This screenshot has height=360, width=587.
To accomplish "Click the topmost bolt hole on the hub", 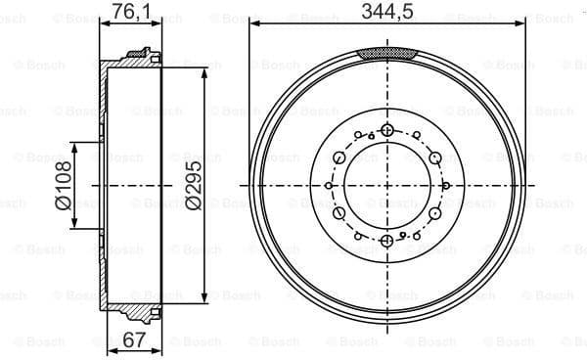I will click(386, 130).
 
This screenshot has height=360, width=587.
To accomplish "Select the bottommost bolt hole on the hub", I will click(386, 241).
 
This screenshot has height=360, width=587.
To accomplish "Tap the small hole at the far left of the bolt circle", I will click(331, 186).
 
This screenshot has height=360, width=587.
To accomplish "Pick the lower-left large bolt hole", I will click(339, 214).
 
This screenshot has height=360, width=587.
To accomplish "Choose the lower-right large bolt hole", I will click(433, 214).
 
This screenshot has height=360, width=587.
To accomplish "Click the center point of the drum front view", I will click(386, 186).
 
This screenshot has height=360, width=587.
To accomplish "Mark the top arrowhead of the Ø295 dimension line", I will click(203, 70).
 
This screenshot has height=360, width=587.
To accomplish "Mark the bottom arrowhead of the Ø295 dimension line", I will click(203, 299).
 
